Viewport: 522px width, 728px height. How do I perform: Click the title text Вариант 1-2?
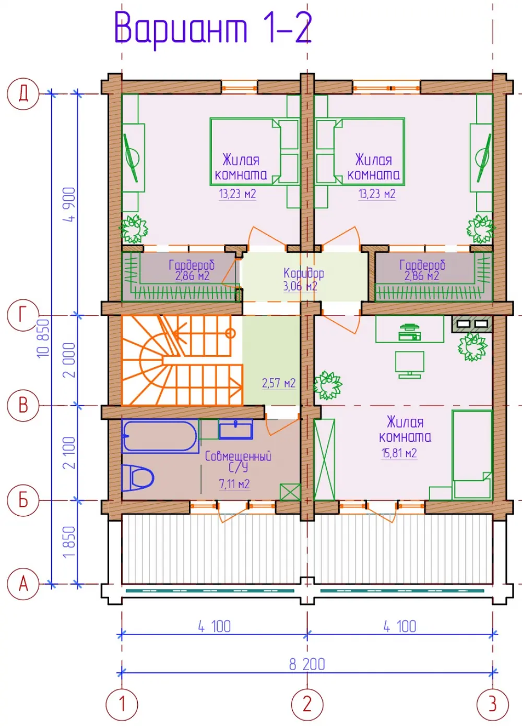pos(213,29)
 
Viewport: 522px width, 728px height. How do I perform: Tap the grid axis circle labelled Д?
pos(23,94)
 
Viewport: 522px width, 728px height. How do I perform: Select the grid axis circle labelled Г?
pos(23,314)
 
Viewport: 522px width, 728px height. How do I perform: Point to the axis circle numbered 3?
pos(493,705)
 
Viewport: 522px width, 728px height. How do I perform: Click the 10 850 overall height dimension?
pos(43,338)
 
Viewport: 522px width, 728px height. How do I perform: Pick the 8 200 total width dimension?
pos(307,664)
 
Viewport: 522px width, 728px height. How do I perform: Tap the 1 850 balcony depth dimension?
pos(69,542)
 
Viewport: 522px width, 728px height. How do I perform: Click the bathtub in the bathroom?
pos(160,436)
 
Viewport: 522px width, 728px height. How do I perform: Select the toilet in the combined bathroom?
pos(138,478)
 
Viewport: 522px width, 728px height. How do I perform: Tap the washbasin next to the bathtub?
pos(236,429)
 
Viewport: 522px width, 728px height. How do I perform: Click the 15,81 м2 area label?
pos(399,453)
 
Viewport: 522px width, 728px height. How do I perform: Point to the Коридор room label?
pos(304,274)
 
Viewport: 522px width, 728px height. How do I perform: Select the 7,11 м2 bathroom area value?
pos(234,484)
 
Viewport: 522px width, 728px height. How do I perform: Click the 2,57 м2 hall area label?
pos(279,383)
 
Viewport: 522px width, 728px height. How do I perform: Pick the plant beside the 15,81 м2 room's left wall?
pos(328,385)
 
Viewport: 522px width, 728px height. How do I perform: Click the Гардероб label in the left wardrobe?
pos(192,265)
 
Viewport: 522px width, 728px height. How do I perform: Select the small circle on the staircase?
pos(230,333)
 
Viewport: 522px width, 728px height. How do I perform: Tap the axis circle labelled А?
pos(23,584)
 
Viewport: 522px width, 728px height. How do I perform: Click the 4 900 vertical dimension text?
pos(69,204)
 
